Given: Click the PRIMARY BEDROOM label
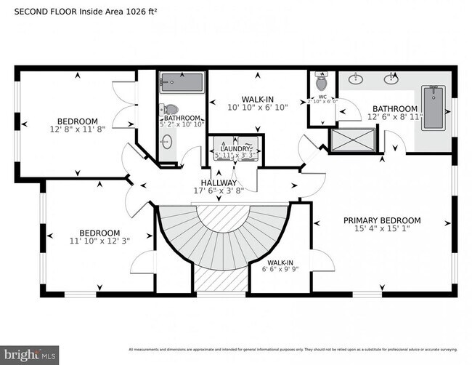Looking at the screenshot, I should click(x=382, y=220).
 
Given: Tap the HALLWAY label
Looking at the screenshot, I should click(x=219, y=182).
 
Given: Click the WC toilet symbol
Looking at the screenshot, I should click(x=322, y=83).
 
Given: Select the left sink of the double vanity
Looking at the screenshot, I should click(x=356, y=79).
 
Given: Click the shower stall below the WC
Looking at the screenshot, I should click(x=353, y=139).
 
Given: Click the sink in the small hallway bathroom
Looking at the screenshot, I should click(x=167, y=142).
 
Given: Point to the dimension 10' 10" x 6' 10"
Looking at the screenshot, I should click(x=258, y=107).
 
